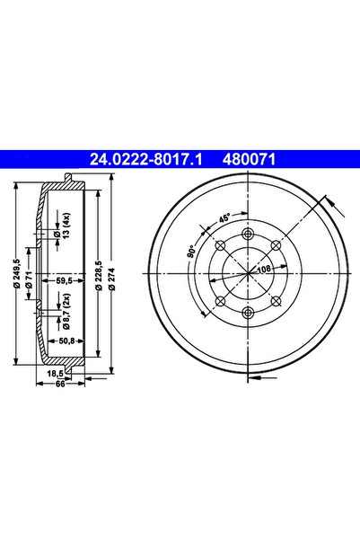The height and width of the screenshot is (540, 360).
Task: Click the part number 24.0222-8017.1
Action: pyautogui.click(x=146, y=159)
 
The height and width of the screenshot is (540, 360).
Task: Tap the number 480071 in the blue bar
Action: pyautogui.click(x=250, y=159)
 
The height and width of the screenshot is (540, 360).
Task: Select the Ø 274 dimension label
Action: pyautogui.click(x=113, y=279)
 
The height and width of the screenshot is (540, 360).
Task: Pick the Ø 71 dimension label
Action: pyautogui.click(x=30, y=279)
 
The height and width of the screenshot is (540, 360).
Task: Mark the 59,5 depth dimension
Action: pyautogui.click(x=64, y=281)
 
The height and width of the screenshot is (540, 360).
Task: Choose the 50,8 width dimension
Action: pyautogui.click(x=66, y=341)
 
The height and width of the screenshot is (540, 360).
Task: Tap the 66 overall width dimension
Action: pyautogui.click(x=60, y=385)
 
